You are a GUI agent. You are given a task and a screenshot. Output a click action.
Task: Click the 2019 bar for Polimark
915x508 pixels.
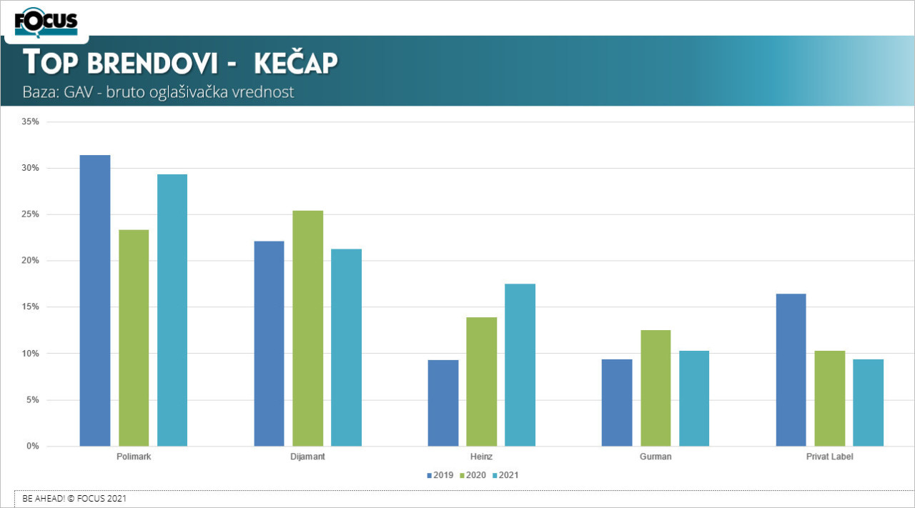95,300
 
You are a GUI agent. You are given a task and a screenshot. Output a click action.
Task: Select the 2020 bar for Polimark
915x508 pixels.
134,337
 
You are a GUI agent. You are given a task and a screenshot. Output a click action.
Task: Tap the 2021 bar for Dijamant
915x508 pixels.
346,347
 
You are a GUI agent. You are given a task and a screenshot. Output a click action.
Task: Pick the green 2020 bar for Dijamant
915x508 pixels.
307,328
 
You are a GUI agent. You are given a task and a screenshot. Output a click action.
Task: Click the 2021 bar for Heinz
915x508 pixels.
520,364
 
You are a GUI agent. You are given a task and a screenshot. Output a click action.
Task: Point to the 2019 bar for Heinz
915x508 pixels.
443,403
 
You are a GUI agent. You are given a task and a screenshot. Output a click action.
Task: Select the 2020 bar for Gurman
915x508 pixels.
656,388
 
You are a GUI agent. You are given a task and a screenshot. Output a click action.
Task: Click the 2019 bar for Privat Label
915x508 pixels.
791,369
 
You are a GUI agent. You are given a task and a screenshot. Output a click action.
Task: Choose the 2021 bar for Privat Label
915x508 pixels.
868,402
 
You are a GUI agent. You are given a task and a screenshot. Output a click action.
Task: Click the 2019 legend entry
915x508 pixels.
440,475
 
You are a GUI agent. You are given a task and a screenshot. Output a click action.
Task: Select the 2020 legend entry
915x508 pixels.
474,475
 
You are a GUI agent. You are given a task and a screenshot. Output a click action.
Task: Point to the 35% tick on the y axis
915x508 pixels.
30,122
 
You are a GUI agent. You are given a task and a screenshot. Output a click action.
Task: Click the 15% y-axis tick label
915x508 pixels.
30,307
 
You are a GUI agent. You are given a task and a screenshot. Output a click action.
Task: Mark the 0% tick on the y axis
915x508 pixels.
33,447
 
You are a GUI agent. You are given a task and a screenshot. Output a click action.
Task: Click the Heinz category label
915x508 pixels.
482,457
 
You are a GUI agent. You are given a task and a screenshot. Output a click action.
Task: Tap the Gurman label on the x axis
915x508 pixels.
656,457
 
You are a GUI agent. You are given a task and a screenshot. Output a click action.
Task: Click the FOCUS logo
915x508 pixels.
46,21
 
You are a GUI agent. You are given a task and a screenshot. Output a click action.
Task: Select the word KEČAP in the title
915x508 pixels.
295,63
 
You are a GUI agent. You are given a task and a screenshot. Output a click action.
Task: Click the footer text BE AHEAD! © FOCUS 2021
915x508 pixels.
74,499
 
